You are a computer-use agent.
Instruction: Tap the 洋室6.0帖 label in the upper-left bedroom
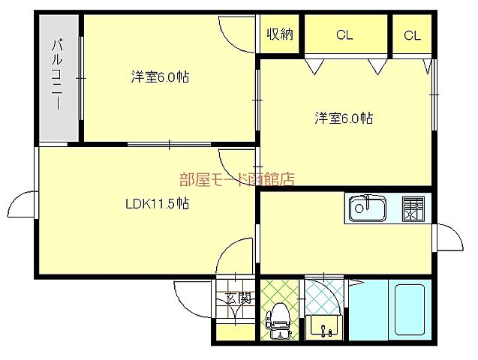pos(158,76)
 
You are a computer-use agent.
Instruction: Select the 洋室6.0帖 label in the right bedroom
pos(343,118)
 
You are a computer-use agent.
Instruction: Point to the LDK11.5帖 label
pos(156,203)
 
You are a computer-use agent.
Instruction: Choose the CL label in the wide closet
pos(344,34)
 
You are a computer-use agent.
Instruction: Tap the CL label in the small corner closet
pos(411,34)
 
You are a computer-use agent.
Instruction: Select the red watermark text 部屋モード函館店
pos(236,178)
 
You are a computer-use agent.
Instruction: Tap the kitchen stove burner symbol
pos(412,208)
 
